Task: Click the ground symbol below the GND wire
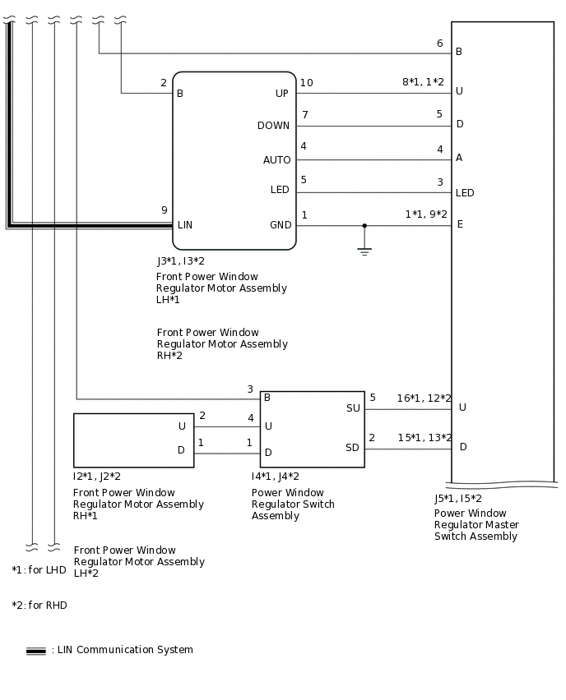(364, 251)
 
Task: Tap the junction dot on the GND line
(364, 225)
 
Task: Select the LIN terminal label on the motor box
(185, 224)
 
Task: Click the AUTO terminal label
(276, 159)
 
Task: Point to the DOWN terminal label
(273, 126)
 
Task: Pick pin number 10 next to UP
(306, 83)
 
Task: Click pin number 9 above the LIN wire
(165, 210)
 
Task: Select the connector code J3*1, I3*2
(181, 261)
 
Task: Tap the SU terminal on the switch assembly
(353, 408)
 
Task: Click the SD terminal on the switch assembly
(353, 447)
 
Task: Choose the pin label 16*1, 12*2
(424, 398)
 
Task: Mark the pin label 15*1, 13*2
(424, 438)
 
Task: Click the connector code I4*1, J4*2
(276, 477)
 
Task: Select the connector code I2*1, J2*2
(97, 477)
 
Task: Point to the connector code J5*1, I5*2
(458, 499)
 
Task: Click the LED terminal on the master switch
(465, 193)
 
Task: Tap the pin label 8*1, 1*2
(423, 82)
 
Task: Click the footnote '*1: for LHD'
(39, 570)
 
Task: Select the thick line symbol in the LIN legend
(36, 651)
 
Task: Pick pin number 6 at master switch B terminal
(439, 44)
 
